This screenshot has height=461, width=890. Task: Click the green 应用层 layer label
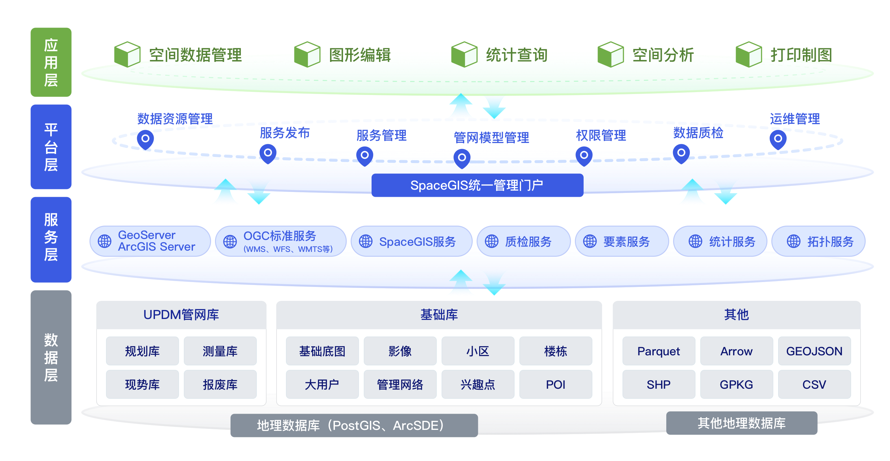[51, 62]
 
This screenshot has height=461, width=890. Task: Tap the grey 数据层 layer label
[51, 357]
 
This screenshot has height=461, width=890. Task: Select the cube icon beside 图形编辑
[307, 54]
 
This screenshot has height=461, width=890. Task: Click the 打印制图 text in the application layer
[801, 55]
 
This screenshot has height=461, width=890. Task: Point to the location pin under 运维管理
[778, 139]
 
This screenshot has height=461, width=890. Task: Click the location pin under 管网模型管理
[462, 158]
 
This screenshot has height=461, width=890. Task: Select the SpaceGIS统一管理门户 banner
[477, 185]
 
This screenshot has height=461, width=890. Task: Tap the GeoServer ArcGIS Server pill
[149, 241]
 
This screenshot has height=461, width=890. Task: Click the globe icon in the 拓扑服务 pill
[793, 241]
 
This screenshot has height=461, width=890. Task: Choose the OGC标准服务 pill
[280, 241]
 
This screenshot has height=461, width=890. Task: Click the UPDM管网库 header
[181, 314]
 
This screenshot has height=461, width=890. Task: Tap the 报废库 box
[220, 384]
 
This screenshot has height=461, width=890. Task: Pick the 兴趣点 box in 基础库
[478, 384]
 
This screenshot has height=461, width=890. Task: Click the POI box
[555, 384]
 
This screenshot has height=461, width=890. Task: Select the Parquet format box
[658, 351]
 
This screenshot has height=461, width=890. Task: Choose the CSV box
[814, 384]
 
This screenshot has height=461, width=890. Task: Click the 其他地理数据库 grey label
[742, 423]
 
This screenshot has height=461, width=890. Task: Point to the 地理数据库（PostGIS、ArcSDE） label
[354, 425]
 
